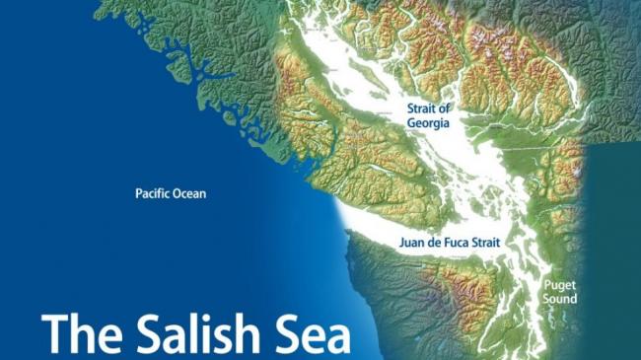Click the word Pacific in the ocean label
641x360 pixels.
pos(153,194)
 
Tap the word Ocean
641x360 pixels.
pos(190,194)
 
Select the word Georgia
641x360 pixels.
pos(428,123)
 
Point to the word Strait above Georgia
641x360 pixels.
pos(421,108)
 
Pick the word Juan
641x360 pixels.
pos(413,242)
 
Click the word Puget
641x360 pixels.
pos(559,285)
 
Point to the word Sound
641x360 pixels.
pos(559,299)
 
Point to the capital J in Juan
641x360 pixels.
pos(402,242)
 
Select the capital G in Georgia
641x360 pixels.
pos(412,123)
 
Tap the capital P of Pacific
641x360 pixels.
pos(138,194)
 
